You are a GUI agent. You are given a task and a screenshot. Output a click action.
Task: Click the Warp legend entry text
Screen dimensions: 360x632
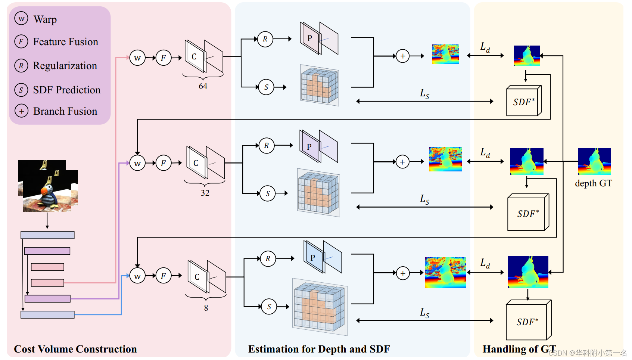[45, 19]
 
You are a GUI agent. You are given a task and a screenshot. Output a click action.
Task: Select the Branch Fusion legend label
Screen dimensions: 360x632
[65, 111]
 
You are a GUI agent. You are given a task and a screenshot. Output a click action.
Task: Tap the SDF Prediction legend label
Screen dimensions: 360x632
[66, 90]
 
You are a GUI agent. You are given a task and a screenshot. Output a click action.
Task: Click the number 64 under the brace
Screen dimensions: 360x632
[203, 86]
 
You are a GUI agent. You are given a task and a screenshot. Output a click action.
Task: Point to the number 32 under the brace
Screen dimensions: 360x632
[205, 193]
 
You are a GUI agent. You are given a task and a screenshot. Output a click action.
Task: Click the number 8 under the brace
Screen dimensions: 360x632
[206, 308]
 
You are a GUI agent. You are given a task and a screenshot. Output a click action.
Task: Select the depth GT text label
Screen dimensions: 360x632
[593, 183]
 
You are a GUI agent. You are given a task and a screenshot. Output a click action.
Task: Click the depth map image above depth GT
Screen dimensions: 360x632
[594, 161]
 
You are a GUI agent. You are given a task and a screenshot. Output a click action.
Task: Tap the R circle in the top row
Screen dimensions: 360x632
[265, 39]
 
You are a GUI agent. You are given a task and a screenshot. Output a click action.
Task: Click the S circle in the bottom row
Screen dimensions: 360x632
[269, 307]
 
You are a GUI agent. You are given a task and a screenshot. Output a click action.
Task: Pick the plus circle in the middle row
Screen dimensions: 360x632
[402, 162]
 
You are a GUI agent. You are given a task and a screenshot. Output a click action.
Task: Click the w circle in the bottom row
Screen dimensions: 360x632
[137, 276]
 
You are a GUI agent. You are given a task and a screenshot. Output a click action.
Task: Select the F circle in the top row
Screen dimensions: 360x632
[164, 58]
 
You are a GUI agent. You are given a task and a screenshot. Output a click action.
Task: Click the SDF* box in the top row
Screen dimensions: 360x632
[523, 102]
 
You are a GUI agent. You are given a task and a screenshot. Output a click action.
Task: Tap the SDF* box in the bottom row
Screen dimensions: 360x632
[527, 322]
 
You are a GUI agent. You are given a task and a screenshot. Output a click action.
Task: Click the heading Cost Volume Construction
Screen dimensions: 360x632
[75, 349]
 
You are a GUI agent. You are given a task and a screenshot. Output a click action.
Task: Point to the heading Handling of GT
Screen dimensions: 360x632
[519, 349]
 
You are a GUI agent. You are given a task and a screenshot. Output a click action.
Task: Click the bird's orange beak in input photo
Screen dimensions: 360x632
[44, 192]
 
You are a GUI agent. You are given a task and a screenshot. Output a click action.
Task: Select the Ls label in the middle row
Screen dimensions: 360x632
[424, 200]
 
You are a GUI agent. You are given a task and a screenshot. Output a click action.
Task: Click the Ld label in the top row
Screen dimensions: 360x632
[485, 47]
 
